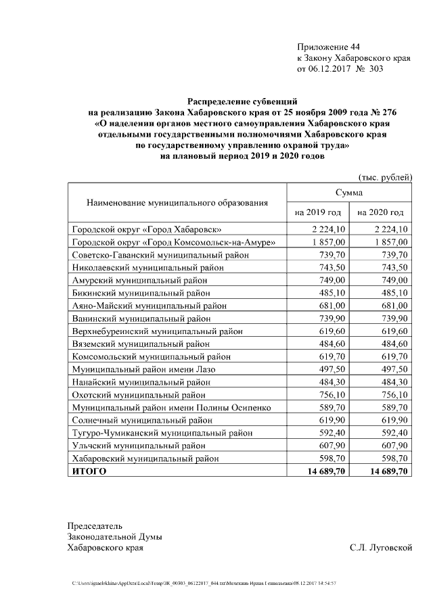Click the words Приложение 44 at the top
tap(328, 47)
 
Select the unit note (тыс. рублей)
tap(385, 177)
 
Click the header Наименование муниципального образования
tap(177, 202)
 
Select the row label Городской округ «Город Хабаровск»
tap(146, 229)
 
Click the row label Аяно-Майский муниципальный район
tap(149, 306)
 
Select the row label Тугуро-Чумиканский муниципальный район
tap(162, 433)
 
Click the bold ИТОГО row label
tap(89, 471)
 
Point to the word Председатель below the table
tap(95, 525)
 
